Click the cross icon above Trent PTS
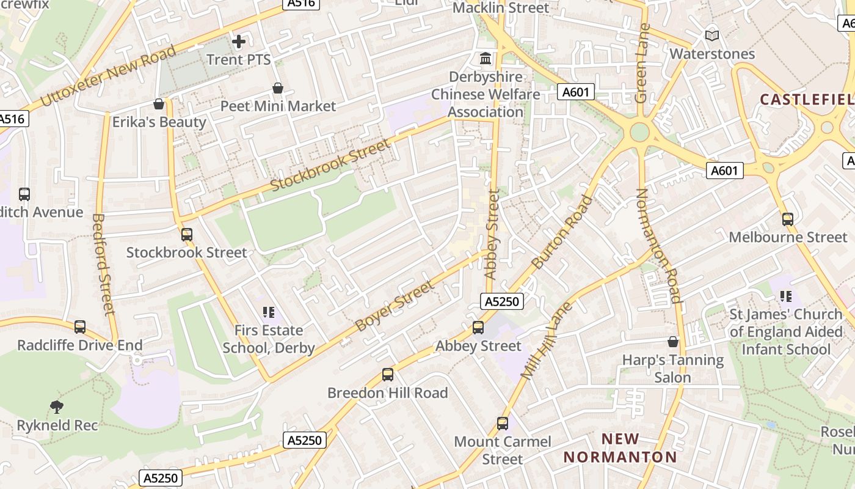[239, 42]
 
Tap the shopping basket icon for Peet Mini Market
[278, 89]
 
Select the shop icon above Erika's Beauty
[159, 105]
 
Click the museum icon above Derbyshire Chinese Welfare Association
[486, 59]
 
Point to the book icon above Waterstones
[712, 35]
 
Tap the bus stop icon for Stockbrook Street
[187, 235]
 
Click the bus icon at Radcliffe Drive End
[80, 327]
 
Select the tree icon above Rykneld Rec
[57, 406]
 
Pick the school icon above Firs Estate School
[269, 312]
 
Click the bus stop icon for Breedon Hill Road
[388, 375]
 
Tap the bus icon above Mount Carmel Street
[503, 423]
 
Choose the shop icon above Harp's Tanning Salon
[673, 342]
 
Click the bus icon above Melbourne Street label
[788, 219]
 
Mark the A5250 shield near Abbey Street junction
[502, 301]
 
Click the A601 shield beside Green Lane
[576, 92]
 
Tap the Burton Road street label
[562, 232]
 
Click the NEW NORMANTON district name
[620, 448]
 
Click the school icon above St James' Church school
[786, 296]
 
